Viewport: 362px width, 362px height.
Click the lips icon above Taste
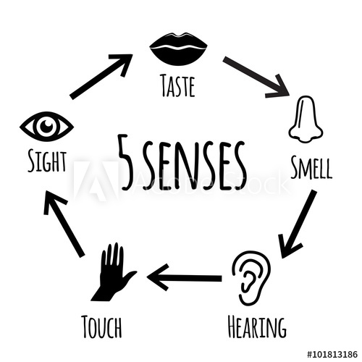point(177,49)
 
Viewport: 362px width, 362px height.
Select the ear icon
point(251,274)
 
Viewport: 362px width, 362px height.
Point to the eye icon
point(47,126)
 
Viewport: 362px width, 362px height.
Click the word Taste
point(178,88)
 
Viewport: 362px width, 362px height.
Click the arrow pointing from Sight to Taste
point(101,76)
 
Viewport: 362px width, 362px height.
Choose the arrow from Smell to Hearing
point(298,223)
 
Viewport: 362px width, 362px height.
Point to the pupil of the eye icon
point(47,126)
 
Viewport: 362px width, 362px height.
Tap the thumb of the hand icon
point(130,276)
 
